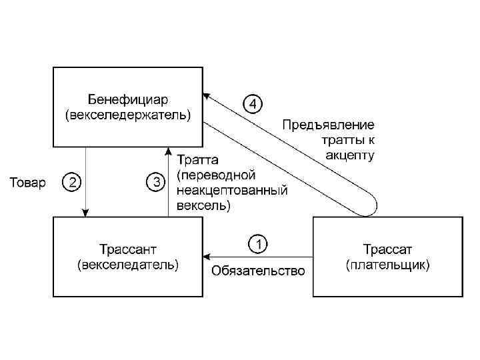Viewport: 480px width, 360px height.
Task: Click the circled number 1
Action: point(258,243)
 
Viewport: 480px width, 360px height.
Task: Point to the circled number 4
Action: point(253,104)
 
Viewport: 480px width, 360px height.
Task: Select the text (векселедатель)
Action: point(128,265)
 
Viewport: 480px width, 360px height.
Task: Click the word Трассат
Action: point(388,251)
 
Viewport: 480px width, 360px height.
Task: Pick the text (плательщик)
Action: point(388,265)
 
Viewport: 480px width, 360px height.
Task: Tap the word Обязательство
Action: point(258,271)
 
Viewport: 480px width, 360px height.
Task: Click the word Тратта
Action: point(197,161)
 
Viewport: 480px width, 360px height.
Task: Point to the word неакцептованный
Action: point(232,191)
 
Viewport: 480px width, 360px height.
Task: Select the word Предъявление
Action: point(328,125)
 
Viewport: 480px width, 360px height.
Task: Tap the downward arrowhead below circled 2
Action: point(86,211)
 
